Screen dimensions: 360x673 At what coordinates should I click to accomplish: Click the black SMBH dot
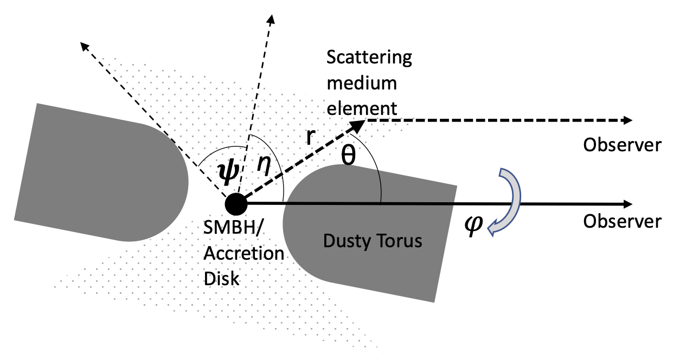pos(235,204)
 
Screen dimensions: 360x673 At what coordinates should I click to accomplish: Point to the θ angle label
pos(348,156)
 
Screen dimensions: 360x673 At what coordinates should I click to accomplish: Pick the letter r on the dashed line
pos(310,137)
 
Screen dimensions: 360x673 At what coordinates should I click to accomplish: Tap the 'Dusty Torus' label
pos(372,241)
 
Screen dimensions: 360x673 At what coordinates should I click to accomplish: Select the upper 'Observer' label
pos(622,145)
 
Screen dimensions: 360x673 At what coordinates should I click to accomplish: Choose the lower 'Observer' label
pos(622,222)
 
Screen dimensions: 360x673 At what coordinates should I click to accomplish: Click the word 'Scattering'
pos(369,57)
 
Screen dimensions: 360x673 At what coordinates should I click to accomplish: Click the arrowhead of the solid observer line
pos(628,204)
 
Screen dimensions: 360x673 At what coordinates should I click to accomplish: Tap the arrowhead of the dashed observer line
pos(628,120)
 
